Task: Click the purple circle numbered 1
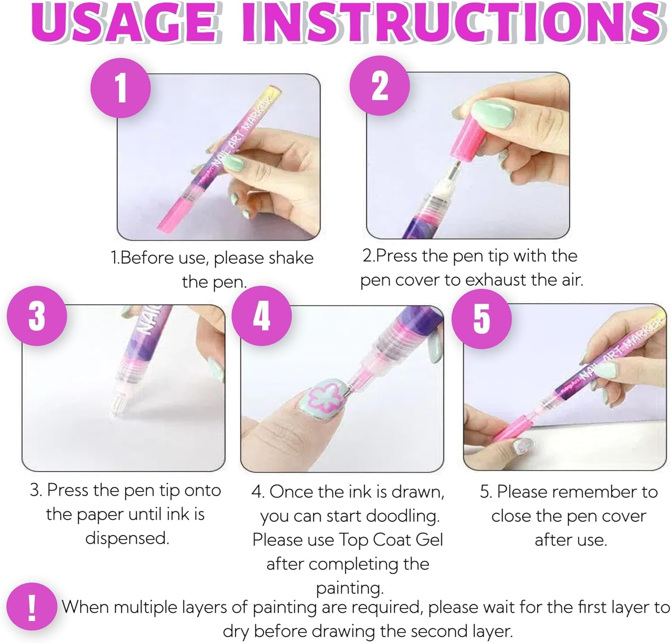click(120, 87)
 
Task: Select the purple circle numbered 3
click(37, 315)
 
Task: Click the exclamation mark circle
click(32, 608)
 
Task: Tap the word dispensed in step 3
click(127, 538)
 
